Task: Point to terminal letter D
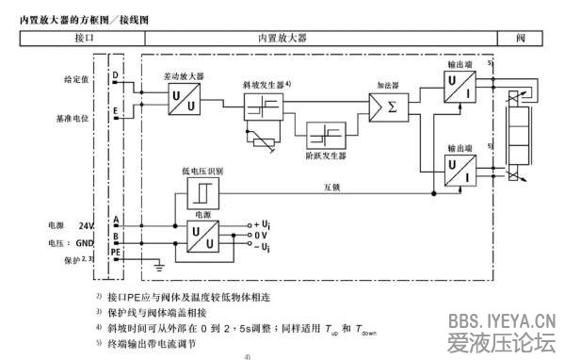click(115, 74)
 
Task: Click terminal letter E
click(115, 111)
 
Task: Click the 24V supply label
click(87, 226)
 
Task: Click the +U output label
click(263, 223)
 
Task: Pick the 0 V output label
click(263, 235)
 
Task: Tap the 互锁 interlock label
click(331, 186)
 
